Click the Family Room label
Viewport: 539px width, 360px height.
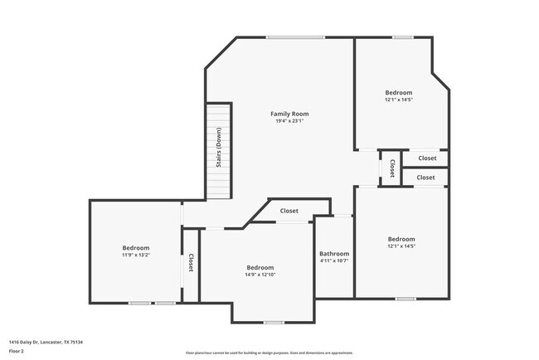click(x=283, y=113)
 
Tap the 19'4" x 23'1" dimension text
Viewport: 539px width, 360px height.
click(x=283, y=121)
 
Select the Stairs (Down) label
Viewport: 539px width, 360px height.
click(x=219, y=148)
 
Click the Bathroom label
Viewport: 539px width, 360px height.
click(x=334, y=253)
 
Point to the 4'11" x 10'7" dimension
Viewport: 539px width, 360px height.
click(x=334, y=261)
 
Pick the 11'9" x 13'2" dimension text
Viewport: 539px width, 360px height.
click(x=136, y=255)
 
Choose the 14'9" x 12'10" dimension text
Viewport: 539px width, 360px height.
click(x=260, y=275)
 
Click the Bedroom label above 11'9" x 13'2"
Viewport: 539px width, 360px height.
click(x=136, y=248)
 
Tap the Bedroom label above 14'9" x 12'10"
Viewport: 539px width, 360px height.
click(x=260, y=267)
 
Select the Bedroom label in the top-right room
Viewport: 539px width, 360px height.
click(x=398, y=92)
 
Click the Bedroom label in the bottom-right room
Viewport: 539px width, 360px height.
click(x=401, y=239)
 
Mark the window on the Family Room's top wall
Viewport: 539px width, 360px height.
click(x=295, y=36)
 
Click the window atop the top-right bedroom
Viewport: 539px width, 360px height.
click(x=403, y=36)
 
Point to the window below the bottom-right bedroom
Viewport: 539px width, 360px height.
click(x=405, y=298)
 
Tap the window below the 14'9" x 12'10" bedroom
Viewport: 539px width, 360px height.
click(x=274, y=322)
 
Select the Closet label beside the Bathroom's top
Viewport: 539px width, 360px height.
click(x=289, y=211)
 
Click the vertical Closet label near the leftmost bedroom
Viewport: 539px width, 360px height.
click(x=190, y=263)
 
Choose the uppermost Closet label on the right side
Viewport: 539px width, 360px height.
click(x=427, y=158)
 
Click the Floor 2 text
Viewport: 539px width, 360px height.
click(x=17, y=351)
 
